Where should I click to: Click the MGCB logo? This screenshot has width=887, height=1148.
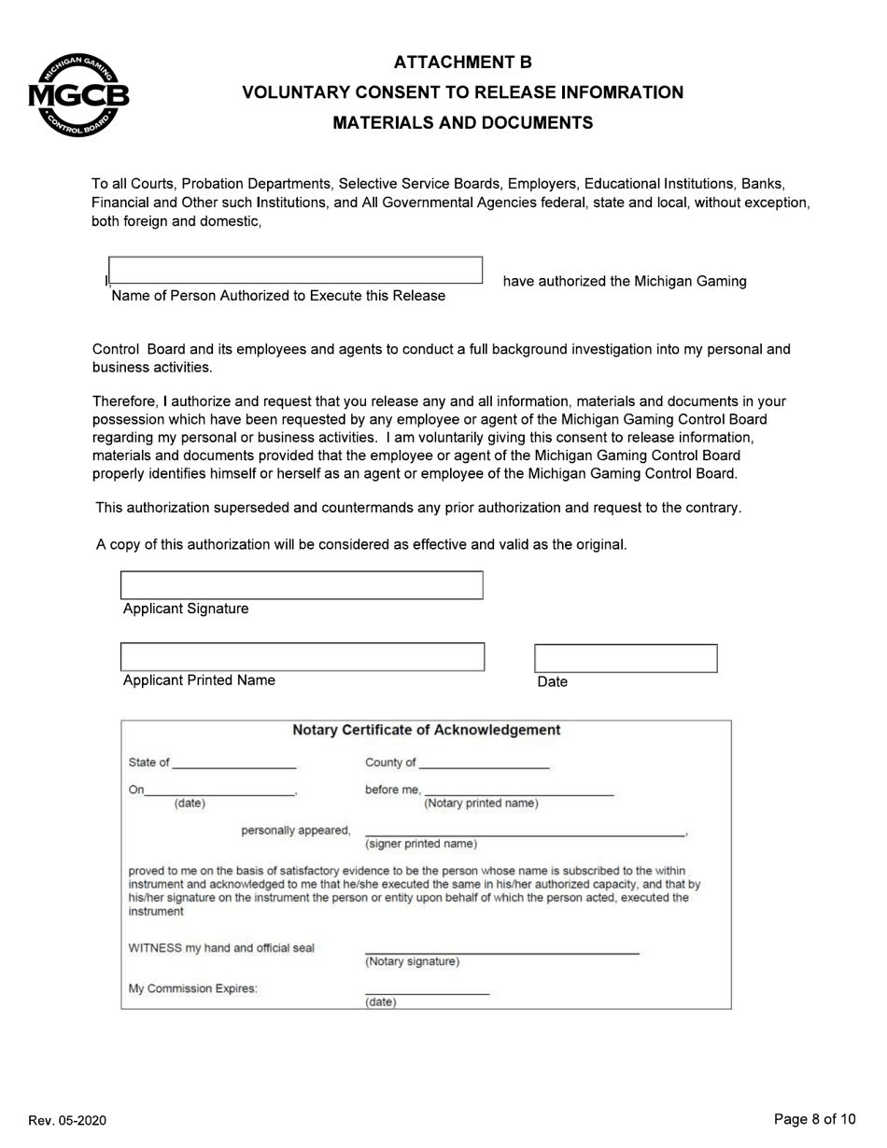click(78, 95)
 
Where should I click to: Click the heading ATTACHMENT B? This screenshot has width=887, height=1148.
click(462, 63)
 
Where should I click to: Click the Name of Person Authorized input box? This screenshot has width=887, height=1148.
click(295, 270)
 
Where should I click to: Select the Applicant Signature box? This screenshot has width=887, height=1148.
click(302, 585)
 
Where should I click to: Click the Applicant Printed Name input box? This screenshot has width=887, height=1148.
click(303, 657)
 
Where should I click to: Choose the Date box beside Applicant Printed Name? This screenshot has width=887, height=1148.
click(626, 658)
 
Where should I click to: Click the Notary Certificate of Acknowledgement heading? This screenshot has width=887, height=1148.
click(427, 730)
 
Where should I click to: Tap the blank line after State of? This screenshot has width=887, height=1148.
click(234, 763)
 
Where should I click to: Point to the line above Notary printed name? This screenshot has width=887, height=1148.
click(519, 790)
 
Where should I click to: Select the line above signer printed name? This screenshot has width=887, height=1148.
click(524, 831)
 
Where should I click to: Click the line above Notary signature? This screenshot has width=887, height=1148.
click(501, 948)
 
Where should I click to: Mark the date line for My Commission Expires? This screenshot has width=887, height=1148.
click(427, 989)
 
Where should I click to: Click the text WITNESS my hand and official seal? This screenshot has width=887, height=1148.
click(221, 948)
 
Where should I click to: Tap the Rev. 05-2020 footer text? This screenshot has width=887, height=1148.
click(67, 1120)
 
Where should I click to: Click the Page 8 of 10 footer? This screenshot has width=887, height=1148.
click(814, 1119)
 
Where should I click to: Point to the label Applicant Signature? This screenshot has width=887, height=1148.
click(186, 609)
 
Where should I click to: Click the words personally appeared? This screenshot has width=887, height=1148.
click(295, 831)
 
